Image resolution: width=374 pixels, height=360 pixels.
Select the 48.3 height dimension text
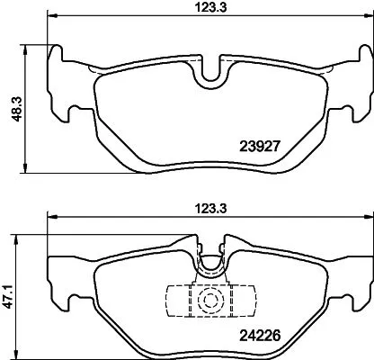(10, 107)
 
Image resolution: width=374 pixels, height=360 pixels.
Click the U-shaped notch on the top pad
(213, 73)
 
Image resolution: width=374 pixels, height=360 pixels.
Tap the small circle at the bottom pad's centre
(209, 301)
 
